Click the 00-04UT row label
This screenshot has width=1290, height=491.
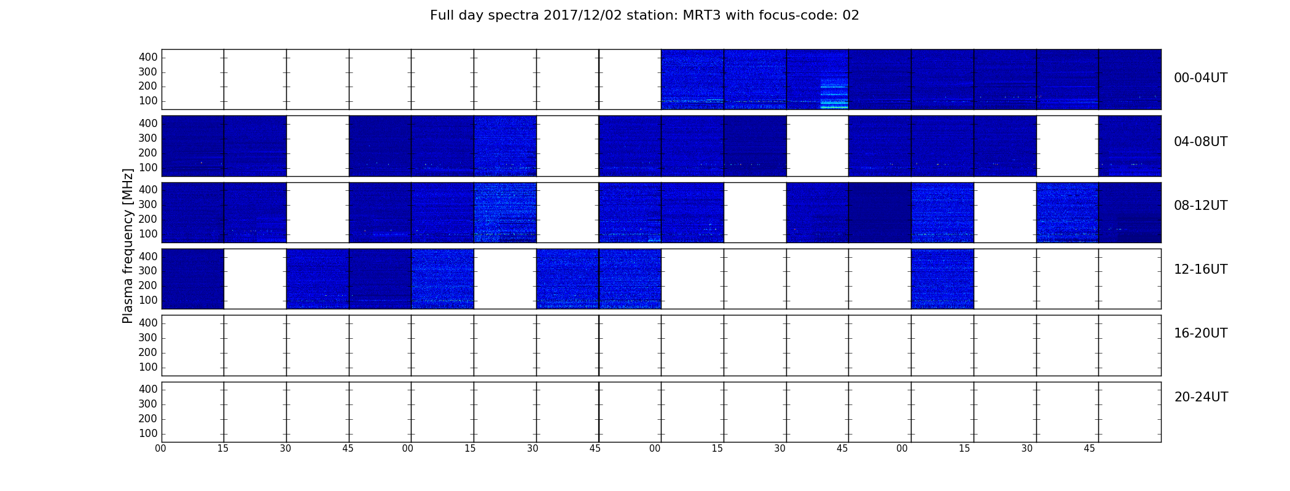(x=1201, y=78)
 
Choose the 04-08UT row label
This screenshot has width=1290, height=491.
(x=1201, y=142)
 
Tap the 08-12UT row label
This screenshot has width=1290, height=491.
(x=1201, y=206)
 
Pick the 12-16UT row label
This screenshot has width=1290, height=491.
(x=1201, y=269)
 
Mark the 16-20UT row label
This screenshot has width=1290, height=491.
(x=1201, y=333)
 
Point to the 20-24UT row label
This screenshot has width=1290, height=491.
(x=1201, y=397)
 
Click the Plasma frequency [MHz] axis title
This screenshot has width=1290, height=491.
(x=128, y=245)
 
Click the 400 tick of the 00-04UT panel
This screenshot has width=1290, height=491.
(x=148, y=57)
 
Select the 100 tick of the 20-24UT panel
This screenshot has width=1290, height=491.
(x=148, y=433)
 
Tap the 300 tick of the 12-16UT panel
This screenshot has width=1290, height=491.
(x=148, y=271)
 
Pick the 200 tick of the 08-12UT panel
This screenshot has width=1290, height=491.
(x=148, y=219)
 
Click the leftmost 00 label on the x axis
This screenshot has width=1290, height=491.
(x=160, y=449)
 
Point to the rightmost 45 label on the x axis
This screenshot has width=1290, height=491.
(x=1089, y=449)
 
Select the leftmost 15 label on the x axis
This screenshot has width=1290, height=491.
(x=223, y=449)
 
